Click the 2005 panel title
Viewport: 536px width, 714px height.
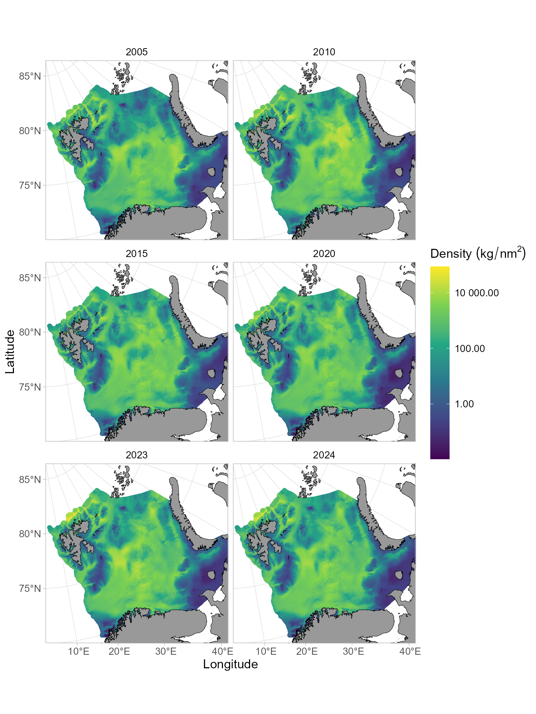tap(137, 52)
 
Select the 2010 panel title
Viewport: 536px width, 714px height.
tap(324, 52)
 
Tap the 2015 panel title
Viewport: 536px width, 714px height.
tap(137, 254)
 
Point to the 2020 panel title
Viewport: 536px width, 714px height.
tap(324, 254)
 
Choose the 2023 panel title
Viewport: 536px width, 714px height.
tap(137, 455)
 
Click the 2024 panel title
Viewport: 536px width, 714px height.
tap(324, 455)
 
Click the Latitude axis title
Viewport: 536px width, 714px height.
tap(10, 352)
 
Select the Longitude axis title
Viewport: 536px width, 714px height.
tap(230, 664)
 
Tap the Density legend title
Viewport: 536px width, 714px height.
tap(478, 253)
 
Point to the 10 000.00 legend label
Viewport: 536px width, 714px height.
tap(477, 293)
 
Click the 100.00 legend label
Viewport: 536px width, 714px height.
tap(470, 349)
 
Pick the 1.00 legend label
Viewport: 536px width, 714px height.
tap(464, 404)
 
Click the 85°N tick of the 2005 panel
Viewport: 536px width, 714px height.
tap(30, 76)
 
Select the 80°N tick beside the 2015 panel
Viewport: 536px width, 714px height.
tap(30, 332)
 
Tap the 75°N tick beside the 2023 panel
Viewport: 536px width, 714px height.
tap(30, 588)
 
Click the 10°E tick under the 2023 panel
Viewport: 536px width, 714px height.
tap(79, 652)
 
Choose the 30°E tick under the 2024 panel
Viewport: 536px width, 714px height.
tap(353, 652)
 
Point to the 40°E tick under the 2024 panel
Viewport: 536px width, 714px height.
tap(410, 652)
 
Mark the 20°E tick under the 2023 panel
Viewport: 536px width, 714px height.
tap(119, 652)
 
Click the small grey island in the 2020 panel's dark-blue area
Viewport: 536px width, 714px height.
tap(398, 373)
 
